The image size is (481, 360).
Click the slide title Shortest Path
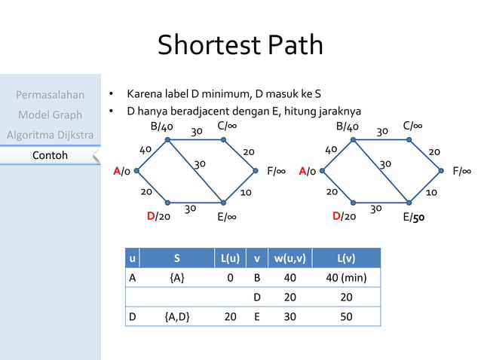pos(240,45)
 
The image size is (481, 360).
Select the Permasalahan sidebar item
pos(50,95)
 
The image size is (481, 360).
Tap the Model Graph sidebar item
pos(50,115)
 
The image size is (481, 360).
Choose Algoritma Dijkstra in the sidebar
pos(50,135)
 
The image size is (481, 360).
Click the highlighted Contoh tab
pos(50,155)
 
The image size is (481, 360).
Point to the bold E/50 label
pos(413,218)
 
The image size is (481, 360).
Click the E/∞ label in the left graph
pos(228,218)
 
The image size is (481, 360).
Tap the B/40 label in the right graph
pos(348,126)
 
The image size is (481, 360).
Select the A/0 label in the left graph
pos(121,172)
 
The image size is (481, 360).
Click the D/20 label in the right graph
pos(344,217)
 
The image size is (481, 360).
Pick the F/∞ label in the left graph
pos(276,172)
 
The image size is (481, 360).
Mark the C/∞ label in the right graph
pos(412,125)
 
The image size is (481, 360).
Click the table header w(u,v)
pos(290,258)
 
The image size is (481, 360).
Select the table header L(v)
pos(346,258)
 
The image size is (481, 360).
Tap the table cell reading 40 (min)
pos(346,278)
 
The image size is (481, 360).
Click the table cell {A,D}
pos(176,317)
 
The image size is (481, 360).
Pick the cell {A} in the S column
pos(176,278)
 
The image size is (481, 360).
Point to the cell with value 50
pos(346,317)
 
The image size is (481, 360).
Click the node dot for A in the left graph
pos(136,171)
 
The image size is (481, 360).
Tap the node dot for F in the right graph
pos(442,171)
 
